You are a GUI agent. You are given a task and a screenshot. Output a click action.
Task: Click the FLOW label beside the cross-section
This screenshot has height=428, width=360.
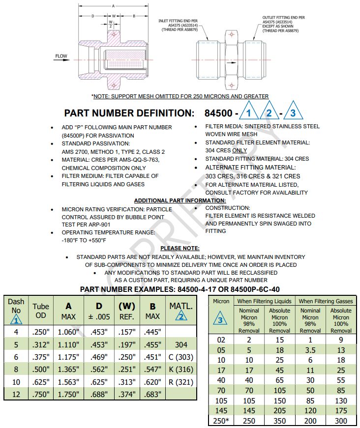click(x=61, y=57)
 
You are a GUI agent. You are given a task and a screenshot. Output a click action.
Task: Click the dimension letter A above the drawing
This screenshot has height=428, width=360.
click(x=113, y=6)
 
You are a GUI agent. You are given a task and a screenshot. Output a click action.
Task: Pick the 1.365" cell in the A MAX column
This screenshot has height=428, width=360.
click(x=68, y=370)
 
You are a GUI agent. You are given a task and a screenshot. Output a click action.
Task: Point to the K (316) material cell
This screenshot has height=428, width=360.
click(x=181, y=370)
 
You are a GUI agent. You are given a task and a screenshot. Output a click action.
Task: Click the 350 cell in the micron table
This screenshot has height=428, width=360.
click(x=279, y=421)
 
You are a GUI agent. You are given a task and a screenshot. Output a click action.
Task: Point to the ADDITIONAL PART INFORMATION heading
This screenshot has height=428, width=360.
click(x=180, y=200)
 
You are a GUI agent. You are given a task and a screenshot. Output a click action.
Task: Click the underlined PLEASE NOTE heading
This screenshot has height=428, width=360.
click(x=180, y=248)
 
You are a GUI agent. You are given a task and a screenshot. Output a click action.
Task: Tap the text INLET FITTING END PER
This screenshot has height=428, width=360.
click(x=178, y=21)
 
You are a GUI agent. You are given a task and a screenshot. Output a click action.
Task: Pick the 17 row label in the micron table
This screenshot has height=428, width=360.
click(x=221, y=370)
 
